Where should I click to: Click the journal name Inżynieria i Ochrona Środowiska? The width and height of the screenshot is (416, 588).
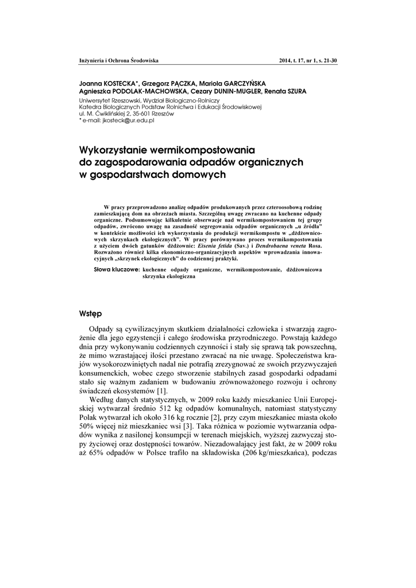click(118, 60)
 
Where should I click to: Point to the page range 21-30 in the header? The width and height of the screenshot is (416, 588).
click(327, 60)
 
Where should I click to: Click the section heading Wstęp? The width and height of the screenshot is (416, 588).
click(91, 314)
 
